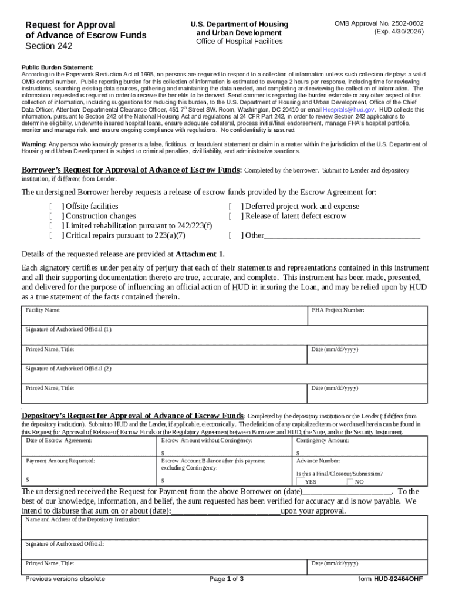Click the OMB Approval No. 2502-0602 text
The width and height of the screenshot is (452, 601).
click(x=379, y=23)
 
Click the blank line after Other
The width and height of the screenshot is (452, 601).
click(x=342, y=235)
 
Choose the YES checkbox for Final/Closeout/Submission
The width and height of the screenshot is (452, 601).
click(x=301, y=482)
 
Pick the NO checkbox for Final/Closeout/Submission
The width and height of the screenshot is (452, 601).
click(x=350, y=482)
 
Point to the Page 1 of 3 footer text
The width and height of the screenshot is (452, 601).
click(x=226, y=579)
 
